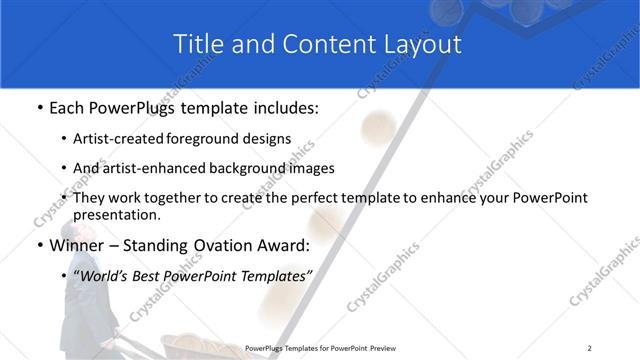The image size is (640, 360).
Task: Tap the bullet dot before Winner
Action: point(39,245)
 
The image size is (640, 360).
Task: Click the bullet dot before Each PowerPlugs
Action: point(39,107)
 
